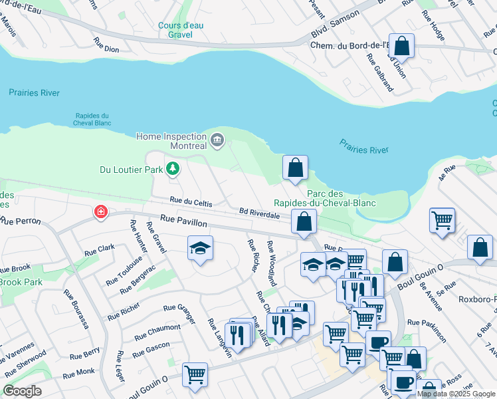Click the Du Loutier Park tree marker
pos(173,169)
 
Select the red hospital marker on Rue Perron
pos(100,212)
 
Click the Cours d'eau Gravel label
pos(175,30)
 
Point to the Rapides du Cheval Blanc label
pos(92,119)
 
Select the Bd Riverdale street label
pos(259,214)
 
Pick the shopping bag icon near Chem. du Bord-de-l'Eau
pos(401,46)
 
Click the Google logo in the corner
pos(22,391)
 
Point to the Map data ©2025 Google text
pos(456,394)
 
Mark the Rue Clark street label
pos(100,250)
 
